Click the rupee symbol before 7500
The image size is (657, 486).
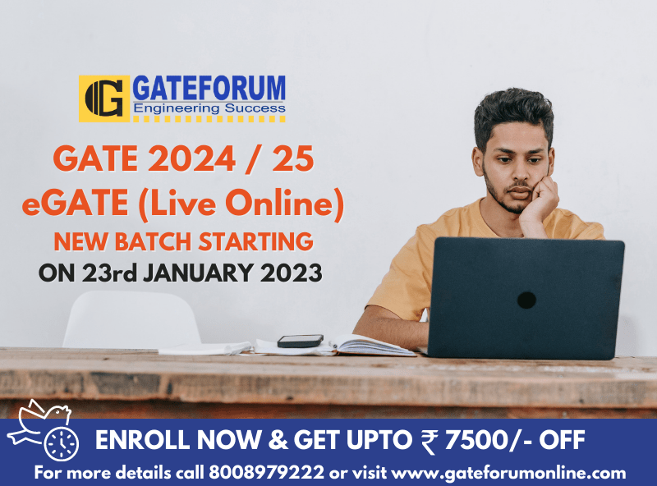tap(428, 442)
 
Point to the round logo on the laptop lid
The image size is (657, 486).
tap(526, 300)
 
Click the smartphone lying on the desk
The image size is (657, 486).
tap(300, 341)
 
